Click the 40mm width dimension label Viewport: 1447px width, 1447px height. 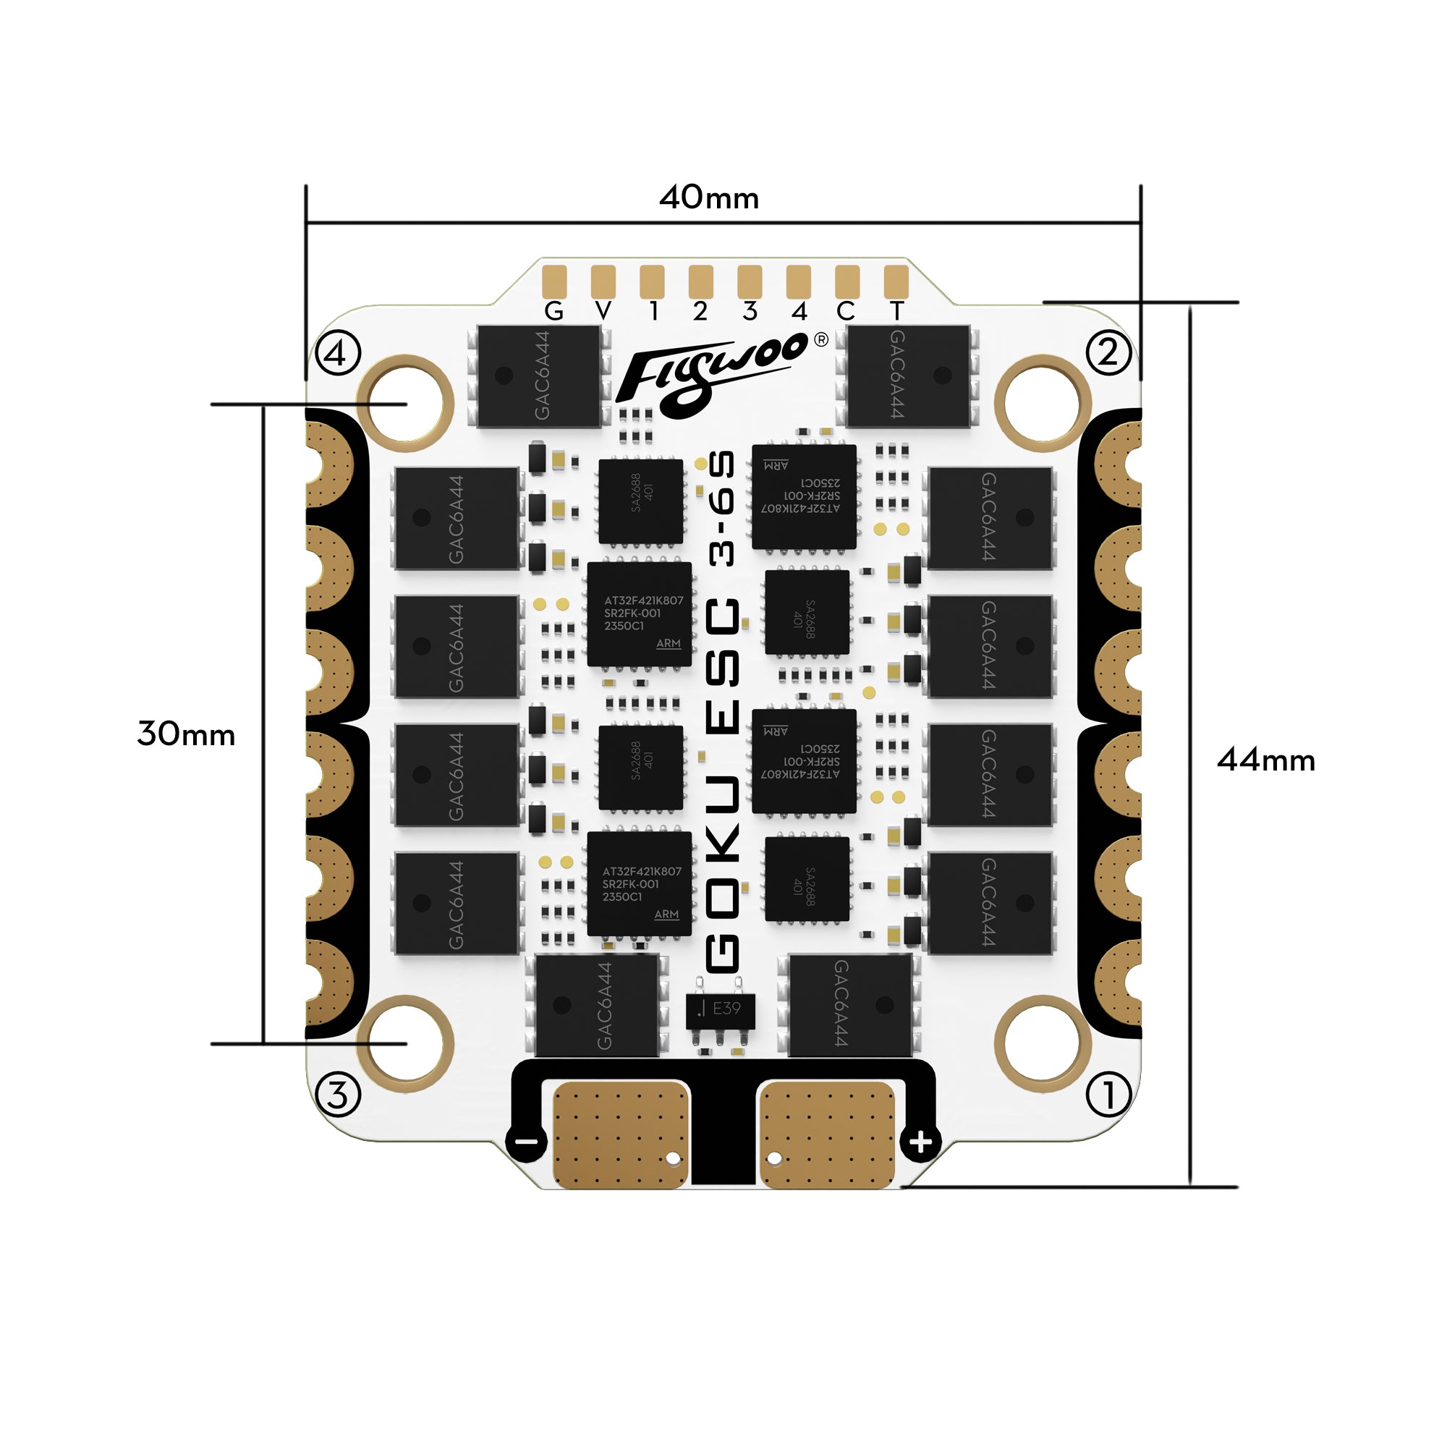click(708, 198)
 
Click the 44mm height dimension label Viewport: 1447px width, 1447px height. click(1265, 760)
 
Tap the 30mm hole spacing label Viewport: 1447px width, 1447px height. click(186, 734)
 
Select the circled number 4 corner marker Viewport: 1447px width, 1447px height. click(338, 353)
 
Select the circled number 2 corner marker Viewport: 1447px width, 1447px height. click(1108, 352)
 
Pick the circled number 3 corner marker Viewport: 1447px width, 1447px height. click(338, 1094)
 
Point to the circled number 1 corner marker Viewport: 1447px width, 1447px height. click(1108, 1094)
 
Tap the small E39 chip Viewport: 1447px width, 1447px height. click(720, 1009)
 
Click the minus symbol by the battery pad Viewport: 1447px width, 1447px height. click(527, 1142)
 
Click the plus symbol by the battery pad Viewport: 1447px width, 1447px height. click(920, 1142)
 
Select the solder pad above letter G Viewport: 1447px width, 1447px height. click(554, 281)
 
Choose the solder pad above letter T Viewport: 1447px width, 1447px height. click(896, 281)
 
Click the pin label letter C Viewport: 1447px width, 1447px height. click(846, 311)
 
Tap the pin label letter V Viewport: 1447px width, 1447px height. click(603, 311)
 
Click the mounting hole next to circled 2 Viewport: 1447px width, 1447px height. click(1042, 404)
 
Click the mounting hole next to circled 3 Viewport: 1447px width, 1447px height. click(405, 1043)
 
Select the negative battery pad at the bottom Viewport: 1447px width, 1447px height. click(620, 1135)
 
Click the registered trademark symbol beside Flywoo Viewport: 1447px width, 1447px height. click(821, 340)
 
